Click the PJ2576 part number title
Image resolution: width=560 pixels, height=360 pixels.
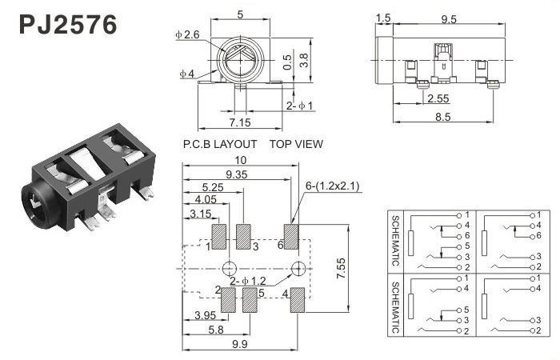click(x=67, y=24)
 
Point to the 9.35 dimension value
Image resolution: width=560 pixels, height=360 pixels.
click(x=236, y=174)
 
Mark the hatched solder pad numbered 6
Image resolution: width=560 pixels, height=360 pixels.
click(x=290, y=236)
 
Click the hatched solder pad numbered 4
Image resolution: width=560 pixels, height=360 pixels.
click(x=297, y=300)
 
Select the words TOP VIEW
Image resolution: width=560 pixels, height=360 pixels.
click(x=296, y=145)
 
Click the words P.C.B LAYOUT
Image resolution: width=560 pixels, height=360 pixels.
click(x=220, y=145)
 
